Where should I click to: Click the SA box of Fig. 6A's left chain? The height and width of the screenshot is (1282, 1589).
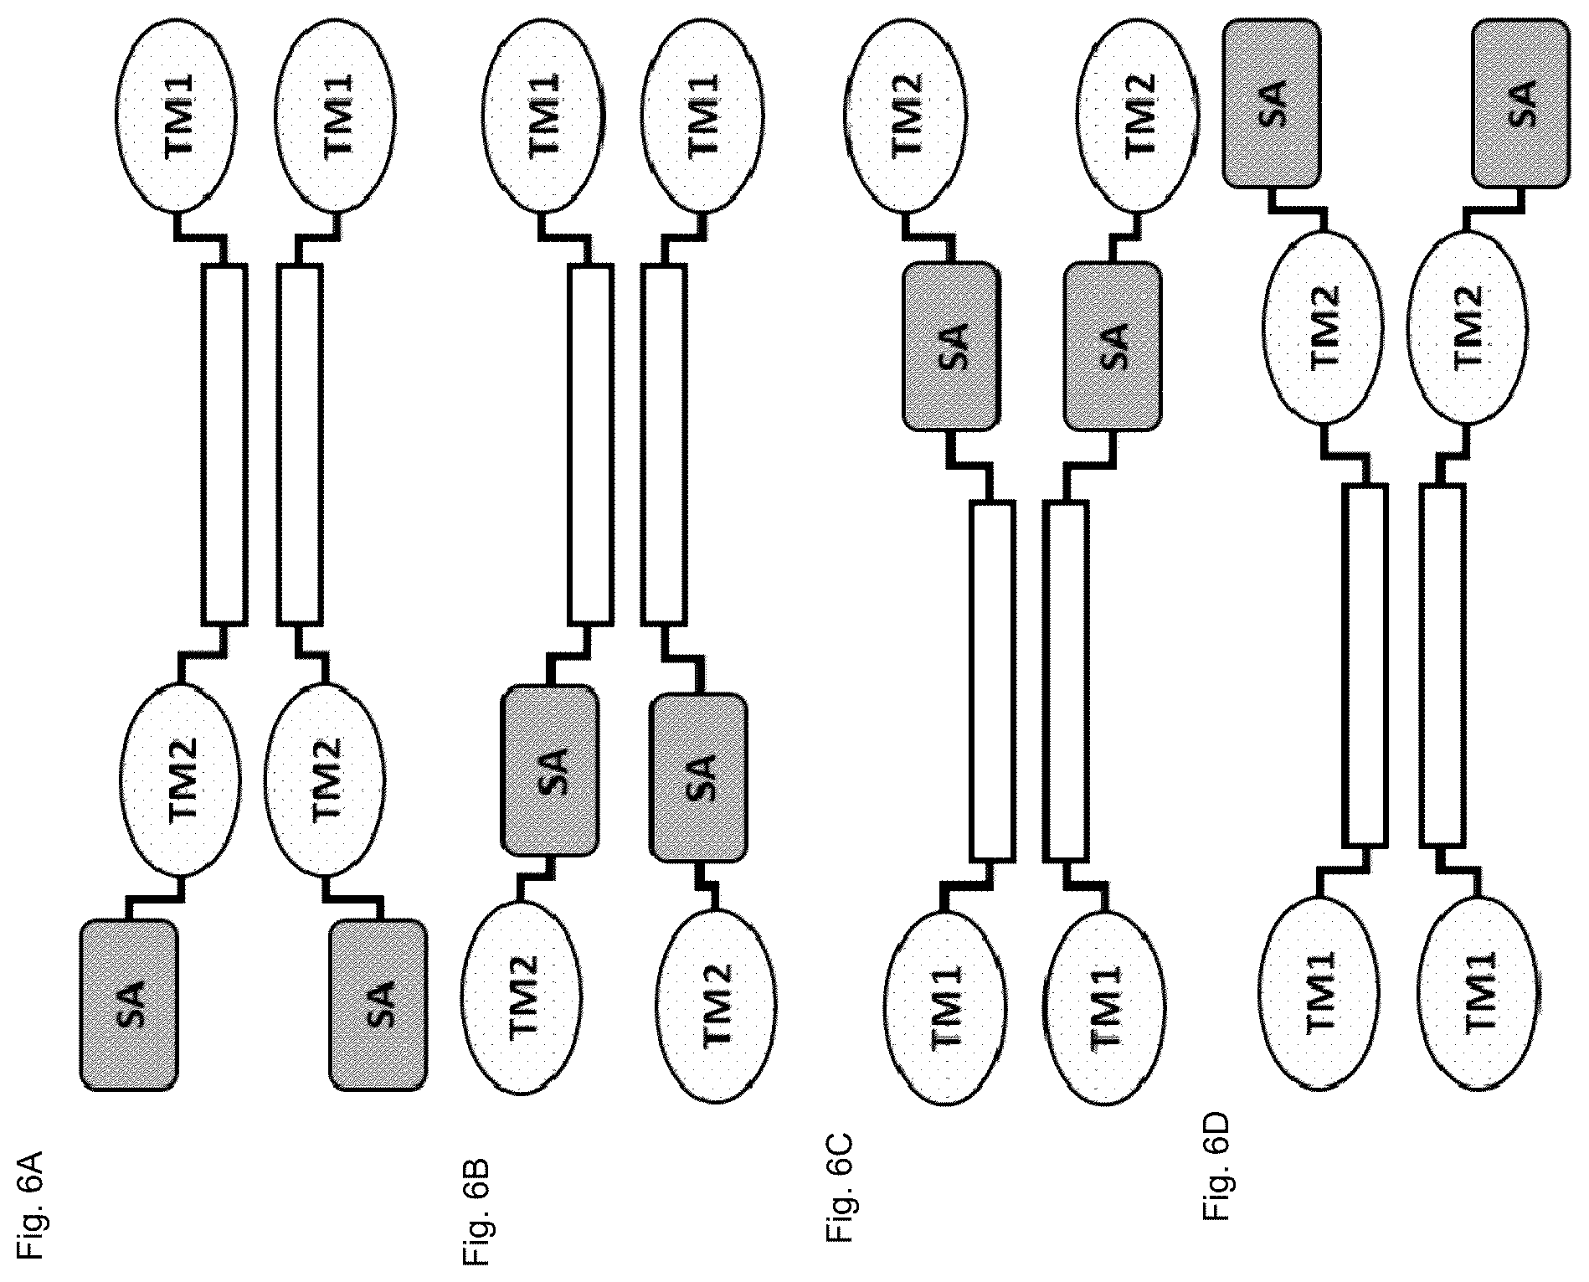click(x=130, y=1006)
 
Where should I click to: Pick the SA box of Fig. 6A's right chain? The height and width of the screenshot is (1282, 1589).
click(x=378, y=1006)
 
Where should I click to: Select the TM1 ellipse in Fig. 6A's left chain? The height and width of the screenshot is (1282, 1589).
click(x=179, y=115)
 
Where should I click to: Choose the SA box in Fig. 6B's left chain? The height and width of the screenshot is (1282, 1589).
click(x=550, y=770)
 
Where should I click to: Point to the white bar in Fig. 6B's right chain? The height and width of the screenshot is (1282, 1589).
click(x=664, y=445)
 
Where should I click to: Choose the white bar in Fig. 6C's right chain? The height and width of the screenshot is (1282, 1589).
click(x=1067, y=681)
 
